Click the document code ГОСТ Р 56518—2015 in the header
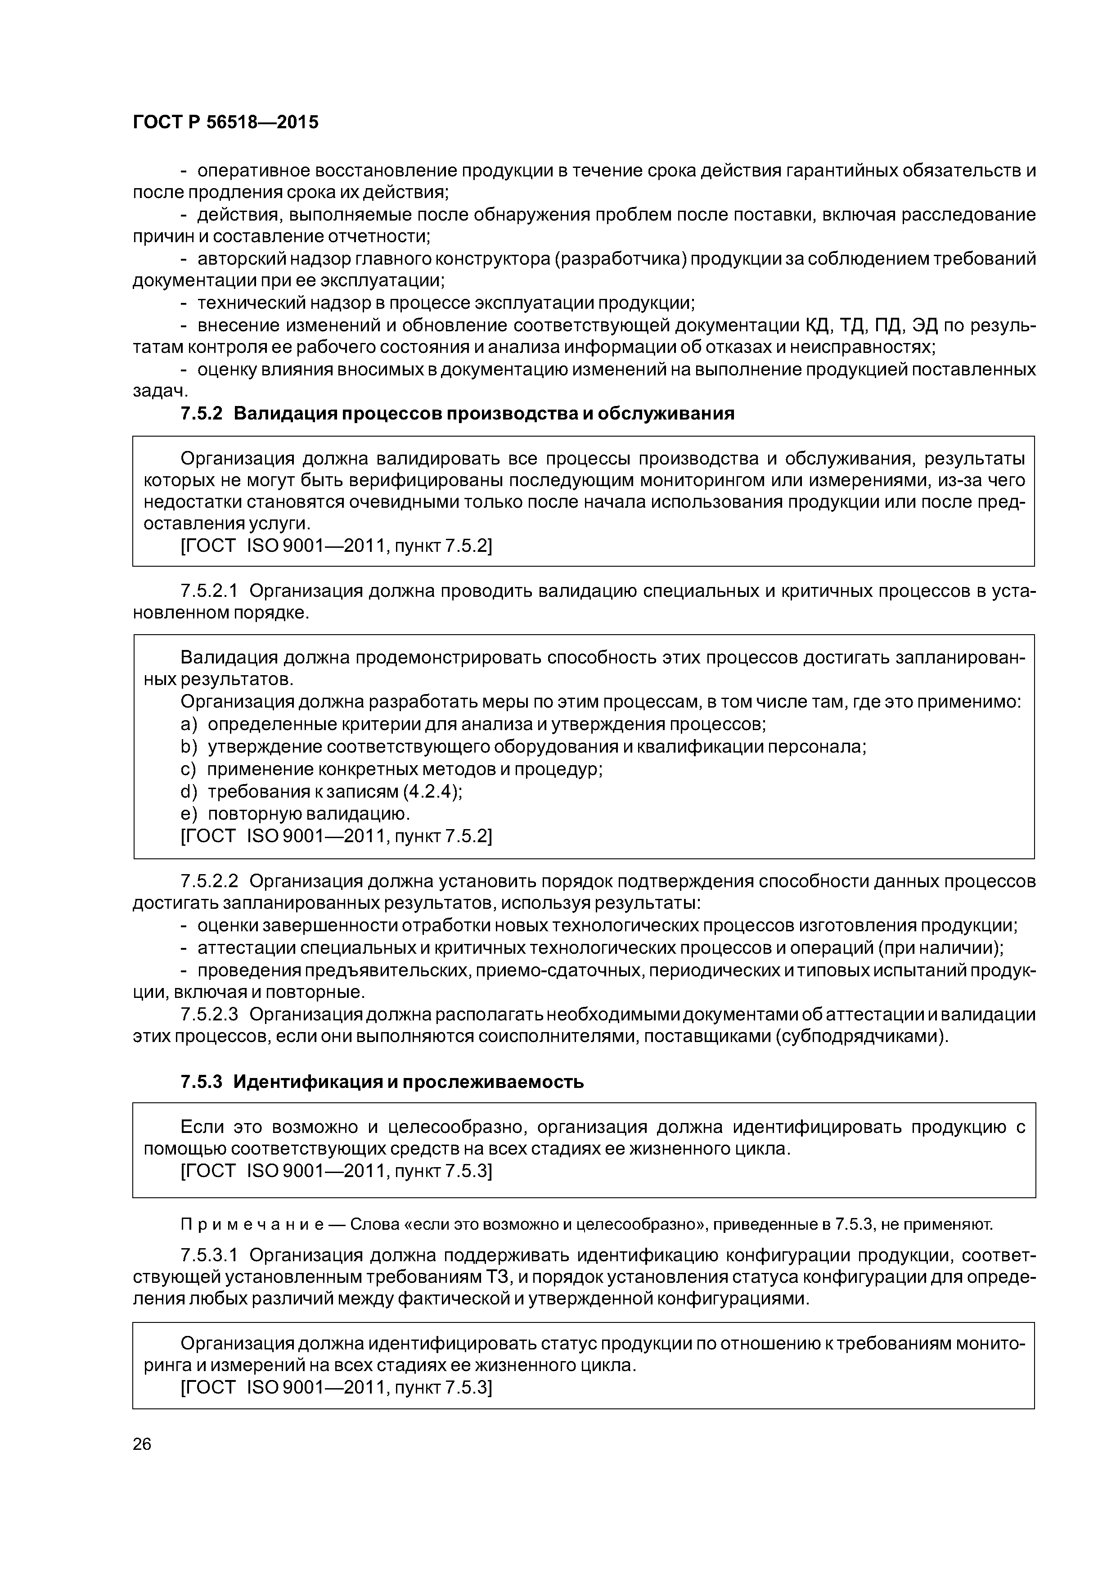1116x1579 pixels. coord(225,122)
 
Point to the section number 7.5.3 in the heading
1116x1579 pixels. coord(202,1082)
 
